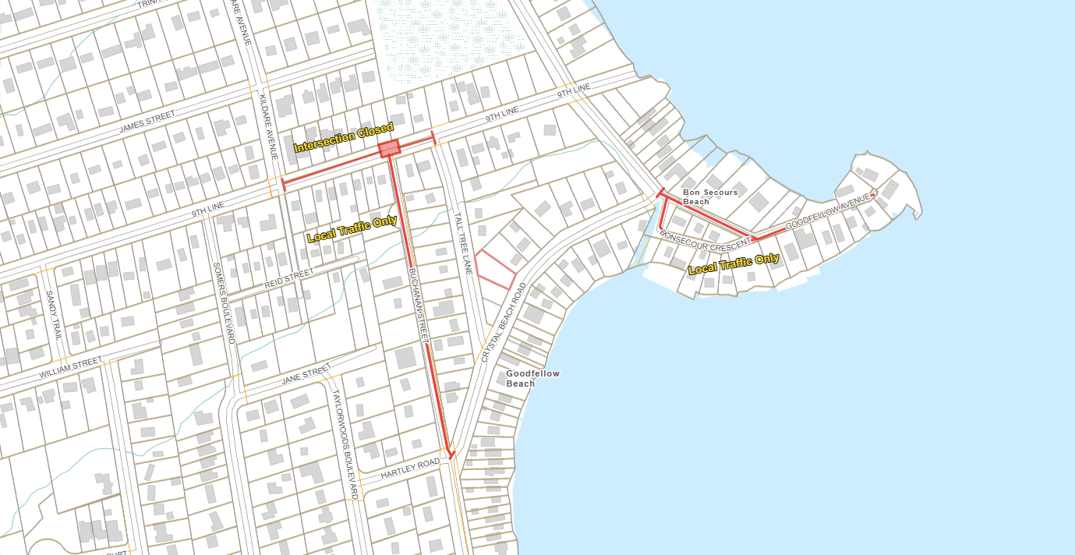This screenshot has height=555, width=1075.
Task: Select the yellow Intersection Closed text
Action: (x=343, y=137)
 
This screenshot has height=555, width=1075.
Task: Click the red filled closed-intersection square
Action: (x=389, y=148)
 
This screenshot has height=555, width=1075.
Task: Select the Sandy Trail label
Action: (x=52, y=316)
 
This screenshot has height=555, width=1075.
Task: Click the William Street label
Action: (x=70, y=369)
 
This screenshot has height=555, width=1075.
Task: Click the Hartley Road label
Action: (x=410, y=469)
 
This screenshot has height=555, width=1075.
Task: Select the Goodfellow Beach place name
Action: (x=532, y=378)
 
